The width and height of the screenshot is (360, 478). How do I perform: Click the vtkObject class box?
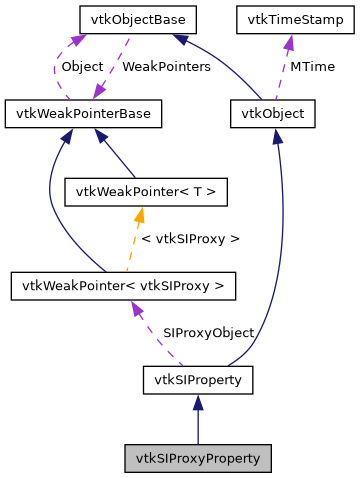click(273, 114)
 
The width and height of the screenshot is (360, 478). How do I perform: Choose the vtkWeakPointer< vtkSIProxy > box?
click(124, 286)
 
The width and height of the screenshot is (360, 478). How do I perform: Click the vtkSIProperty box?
click(198, 380)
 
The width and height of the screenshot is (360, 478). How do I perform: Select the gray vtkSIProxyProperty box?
click(198, 459)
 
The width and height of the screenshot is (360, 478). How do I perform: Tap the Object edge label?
click(82, 66)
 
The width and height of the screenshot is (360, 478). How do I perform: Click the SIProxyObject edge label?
click(208, 332)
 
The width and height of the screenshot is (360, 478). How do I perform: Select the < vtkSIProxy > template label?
click(190, 239)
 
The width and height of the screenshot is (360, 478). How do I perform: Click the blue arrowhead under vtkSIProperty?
click(198, 402)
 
